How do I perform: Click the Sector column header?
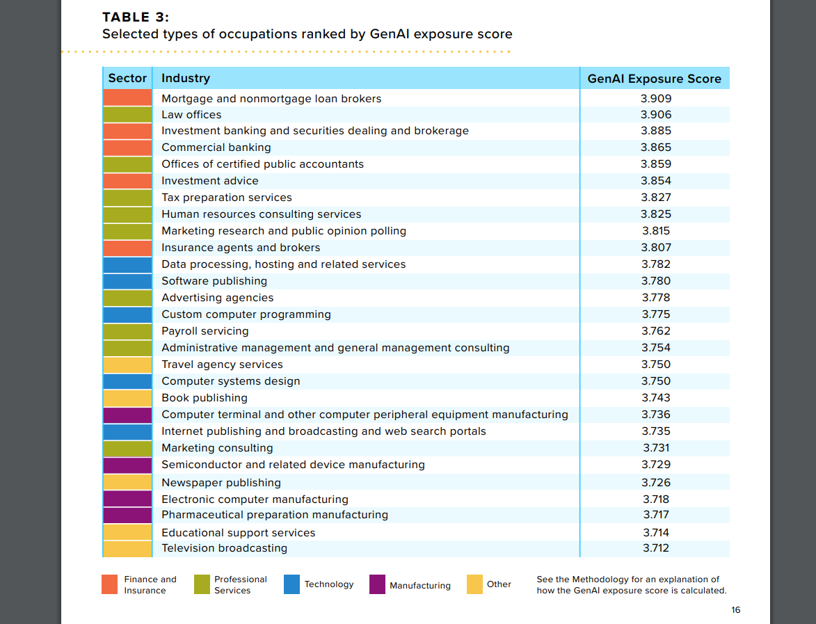tap(127, 78)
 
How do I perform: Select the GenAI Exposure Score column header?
tap(654, 79)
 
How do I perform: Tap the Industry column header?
tap(186, 78)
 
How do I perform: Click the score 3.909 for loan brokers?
tap(656, 98)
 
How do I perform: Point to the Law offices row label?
tap(191, 115)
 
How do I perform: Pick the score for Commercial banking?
tap(656, 147)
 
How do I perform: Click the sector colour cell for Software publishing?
tap(127, 281)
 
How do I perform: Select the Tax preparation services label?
tap(226, 198)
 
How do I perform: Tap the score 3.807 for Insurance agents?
tap(656, 247)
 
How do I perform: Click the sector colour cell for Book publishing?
tap(127, 398)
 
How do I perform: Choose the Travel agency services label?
tap(222, 365)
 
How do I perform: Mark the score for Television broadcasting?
tap(656, 548)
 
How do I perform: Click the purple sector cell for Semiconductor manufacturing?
tap(127, 465)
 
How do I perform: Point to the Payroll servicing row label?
tap(205, 331)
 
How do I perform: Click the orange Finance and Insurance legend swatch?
tap(110, 584)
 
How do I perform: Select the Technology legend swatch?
tap(292, 584)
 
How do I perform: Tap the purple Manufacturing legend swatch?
tap(377, 584)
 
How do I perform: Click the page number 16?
tap(735, 610)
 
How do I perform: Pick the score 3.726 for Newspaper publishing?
tap(656, 483)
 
